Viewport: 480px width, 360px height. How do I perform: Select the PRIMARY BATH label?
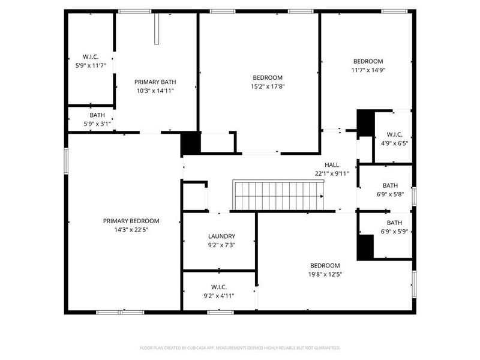155,82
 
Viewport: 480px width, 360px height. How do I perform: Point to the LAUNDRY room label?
221,236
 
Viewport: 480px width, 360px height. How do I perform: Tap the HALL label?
332,165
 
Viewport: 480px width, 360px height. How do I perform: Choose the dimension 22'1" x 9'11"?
332,173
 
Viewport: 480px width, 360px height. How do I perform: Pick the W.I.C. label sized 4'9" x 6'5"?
394,134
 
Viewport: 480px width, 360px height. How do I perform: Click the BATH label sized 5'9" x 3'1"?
97,115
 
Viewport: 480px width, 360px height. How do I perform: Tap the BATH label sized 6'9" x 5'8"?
390,185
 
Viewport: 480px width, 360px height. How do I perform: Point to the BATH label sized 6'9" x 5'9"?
394,223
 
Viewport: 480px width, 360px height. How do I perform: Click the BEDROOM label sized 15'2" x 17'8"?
267,77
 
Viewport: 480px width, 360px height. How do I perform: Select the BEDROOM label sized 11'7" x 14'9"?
368,61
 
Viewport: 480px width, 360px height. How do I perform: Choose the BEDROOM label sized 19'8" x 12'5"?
325,266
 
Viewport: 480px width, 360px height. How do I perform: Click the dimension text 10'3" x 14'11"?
155,91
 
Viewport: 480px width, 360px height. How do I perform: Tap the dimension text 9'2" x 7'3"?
221,245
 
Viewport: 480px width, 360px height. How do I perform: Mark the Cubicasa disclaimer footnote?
240,348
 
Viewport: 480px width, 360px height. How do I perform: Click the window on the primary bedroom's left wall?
66,161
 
